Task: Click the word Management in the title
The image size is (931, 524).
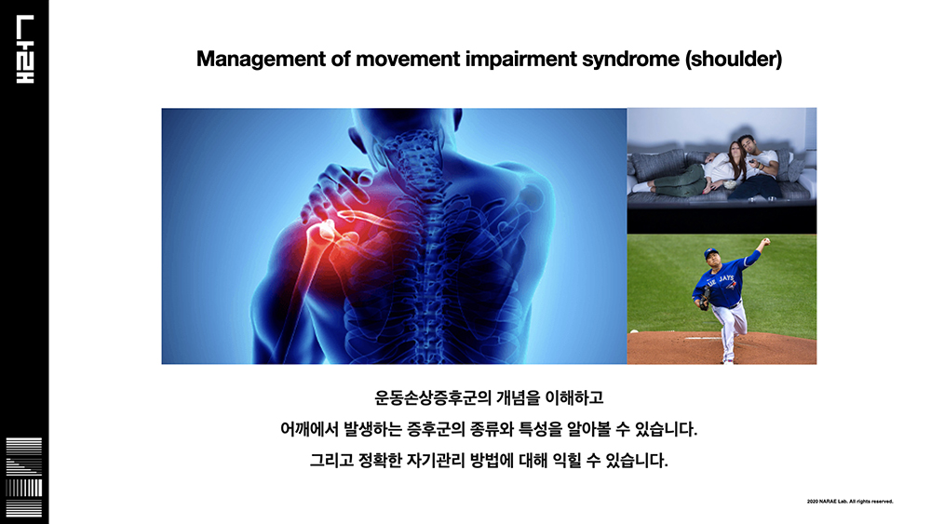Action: click(261, 60)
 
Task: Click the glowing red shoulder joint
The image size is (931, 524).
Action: click(325, 234)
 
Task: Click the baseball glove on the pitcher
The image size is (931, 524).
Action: click(705, 298)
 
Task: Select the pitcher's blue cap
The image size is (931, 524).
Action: click(711, 253)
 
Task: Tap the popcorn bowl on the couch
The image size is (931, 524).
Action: click(729, 184)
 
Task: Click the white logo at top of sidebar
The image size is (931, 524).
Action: click(25, 49)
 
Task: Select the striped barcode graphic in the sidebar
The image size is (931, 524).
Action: click(24, 477)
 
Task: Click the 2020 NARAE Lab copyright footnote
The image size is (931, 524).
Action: click(850, 502)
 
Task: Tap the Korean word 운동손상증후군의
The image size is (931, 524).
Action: click(434, 397)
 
